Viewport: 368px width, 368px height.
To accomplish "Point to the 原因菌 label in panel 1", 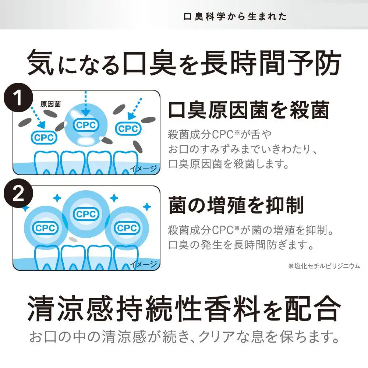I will coord(50,104).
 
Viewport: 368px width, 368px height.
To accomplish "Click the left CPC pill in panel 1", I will coord(44,138).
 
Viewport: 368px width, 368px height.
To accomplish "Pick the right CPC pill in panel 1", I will coord(128,128).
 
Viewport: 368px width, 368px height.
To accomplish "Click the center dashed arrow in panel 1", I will coord(85,103).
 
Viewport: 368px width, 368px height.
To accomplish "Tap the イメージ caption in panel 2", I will coord(144,264).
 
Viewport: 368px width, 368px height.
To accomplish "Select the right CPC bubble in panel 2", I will coord(127,228).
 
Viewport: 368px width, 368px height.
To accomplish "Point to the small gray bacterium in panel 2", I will coord(74,240).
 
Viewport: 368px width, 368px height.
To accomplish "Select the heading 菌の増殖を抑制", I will coord(236,205).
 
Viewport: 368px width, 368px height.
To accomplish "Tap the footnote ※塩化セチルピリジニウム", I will coord(323,266).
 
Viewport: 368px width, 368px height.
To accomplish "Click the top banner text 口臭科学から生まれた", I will coord(235,17).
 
